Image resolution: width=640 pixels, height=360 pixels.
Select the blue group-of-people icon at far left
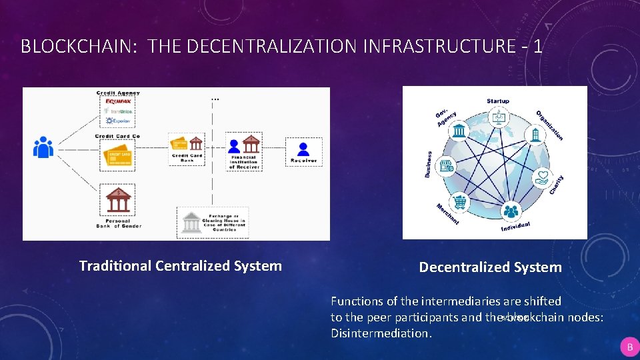coord(43,147)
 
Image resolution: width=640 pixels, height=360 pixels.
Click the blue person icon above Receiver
coord(303,148)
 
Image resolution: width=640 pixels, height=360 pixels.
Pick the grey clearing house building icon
coord(192,222)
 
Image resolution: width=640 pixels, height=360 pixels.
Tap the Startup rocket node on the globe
coord(497,117)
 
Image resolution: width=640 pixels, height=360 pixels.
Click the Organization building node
coord(536,134)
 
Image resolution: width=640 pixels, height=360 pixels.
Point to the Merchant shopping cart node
coord(460,202)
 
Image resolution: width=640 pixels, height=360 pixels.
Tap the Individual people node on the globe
coord(511,212)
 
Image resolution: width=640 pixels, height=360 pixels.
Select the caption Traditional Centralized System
coord(180,266)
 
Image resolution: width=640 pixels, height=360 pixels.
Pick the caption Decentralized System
coord(490,267)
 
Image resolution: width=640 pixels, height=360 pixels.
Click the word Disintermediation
coord(381,333)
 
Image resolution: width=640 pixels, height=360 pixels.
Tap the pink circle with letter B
coord(629,347)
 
